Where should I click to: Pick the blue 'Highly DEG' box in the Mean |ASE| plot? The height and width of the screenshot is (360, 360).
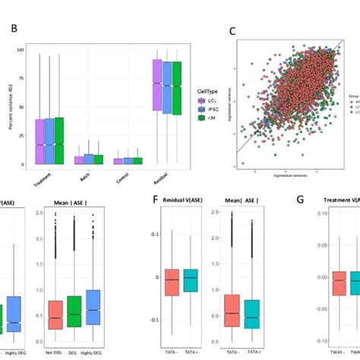[92, 307]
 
